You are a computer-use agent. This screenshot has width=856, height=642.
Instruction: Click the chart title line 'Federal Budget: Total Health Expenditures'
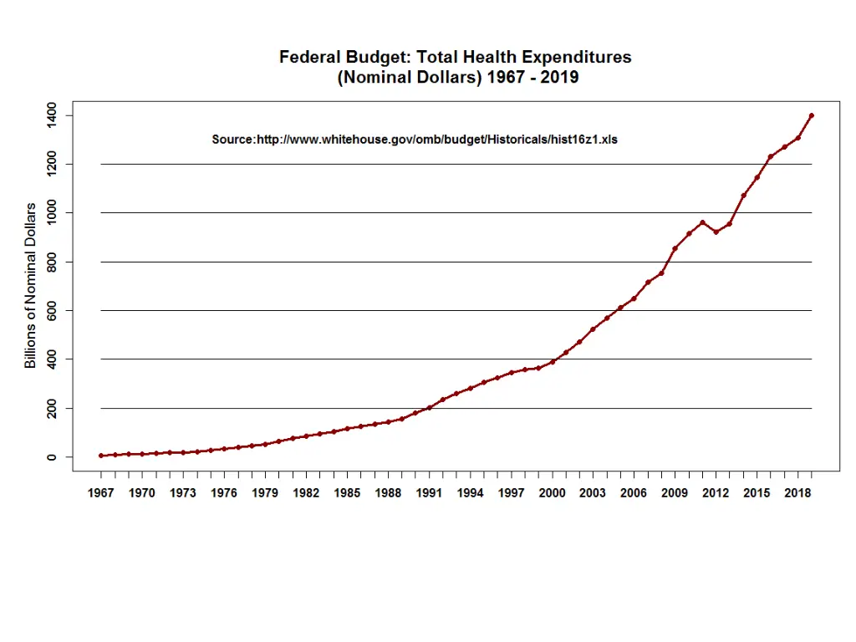click(x=455, y=58)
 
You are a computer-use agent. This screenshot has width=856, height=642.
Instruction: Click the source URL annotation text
click(x=415, y=140)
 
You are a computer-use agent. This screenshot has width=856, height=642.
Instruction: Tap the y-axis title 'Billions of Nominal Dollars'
click(x=31, y=286)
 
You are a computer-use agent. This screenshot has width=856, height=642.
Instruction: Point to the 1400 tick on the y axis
click(x=53, y=115)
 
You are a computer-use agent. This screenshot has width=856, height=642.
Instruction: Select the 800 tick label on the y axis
click(x=53, y=262)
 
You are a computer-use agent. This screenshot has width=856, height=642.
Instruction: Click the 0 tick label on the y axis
click(x=53, y=457)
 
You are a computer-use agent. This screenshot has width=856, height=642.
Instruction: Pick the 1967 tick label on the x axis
click(x=101, y=493)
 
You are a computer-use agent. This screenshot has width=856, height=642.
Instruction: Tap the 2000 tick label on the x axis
click(x=552, y=493)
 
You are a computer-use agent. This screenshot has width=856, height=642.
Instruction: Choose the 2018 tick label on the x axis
click(x=797, y=493)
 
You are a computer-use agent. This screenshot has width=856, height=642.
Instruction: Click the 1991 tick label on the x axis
click(x=429, y=493)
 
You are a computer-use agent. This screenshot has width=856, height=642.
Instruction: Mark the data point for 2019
click(x=812, y=115)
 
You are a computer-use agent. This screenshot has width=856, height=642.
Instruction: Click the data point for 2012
click(x=716, y=232)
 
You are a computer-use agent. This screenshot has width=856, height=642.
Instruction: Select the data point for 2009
click(x=675, y=248)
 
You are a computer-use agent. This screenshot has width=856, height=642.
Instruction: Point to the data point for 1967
click(x=101, y=456)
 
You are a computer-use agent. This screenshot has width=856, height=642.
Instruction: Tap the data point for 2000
click(x=552, y=362)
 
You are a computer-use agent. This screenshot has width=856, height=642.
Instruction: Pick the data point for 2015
click(x=757, y=177)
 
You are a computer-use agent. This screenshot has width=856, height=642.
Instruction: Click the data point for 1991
click(x=429, y=408)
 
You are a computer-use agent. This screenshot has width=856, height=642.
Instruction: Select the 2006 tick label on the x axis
click(x=634, y=493)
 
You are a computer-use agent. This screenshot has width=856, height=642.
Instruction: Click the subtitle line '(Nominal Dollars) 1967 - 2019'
click(x=457, y=78)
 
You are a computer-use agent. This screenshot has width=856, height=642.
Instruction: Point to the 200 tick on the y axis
click(x=53, y=408)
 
